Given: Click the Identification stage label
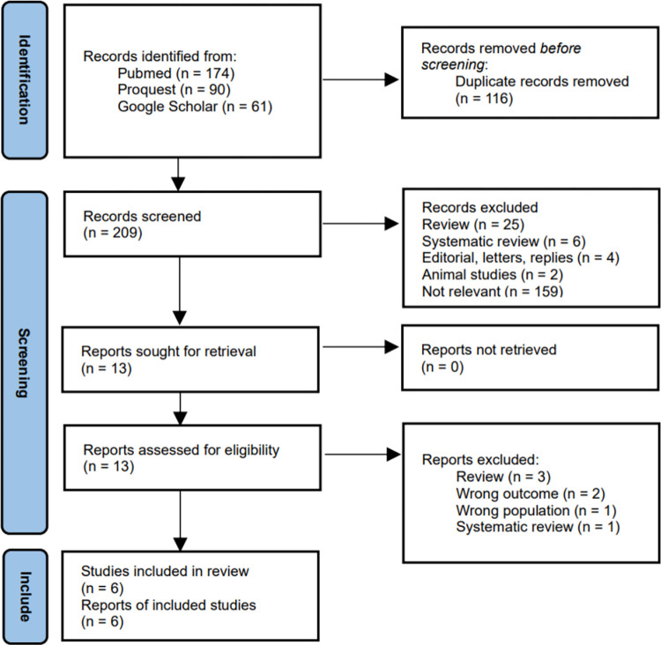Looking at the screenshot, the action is [x=24, y=79].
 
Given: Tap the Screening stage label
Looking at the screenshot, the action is [x=24, y=363].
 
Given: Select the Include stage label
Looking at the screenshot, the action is [x=25, y=597].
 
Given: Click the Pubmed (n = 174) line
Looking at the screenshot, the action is [x=175, y=73].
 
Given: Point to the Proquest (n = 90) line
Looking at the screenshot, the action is [x=174, y=90].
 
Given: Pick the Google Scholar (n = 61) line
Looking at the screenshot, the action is [x=195, y=107].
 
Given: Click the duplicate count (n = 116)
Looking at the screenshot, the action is [x=484, y=99].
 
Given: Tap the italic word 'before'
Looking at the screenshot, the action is [x=561, y=48].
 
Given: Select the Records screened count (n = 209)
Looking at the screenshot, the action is [x=113, y=233].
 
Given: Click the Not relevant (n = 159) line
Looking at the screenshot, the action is [x=493, y=291].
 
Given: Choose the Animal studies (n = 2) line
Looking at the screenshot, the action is [x=493, y=274].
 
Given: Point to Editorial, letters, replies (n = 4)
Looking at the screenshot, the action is [x=521, y=257].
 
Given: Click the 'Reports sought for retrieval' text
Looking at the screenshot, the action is [x=168, y=352].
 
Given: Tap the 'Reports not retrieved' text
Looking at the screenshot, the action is [x=489, y=350].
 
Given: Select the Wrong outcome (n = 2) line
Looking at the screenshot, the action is [x=531, y=493].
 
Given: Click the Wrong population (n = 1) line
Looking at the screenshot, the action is [x=536, y=510].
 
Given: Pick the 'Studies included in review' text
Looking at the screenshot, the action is [x=165, y=571].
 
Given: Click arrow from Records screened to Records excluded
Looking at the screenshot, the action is [x=360, y=224].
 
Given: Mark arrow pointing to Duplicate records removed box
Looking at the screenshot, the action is [x=360, y=79].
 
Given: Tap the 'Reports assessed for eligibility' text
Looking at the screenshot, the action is [x=182, y=449].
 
